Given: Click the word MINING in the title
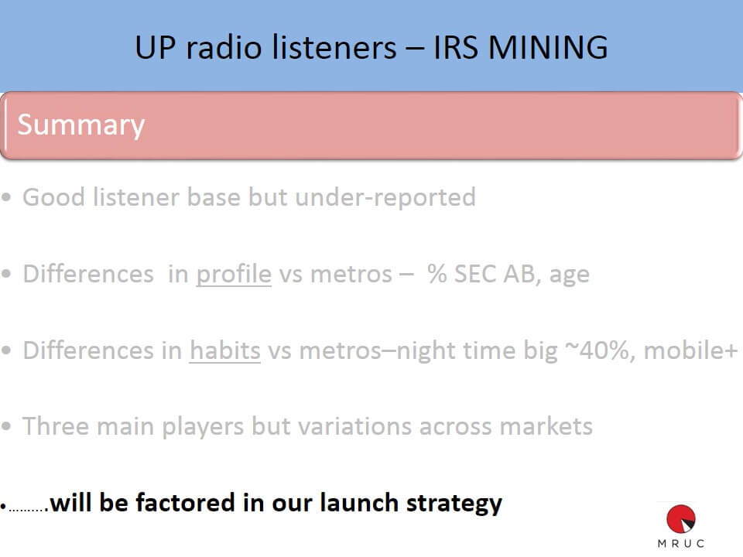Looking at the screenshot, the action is (x=547, y=47).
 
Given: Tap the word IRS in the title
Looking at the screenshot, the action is (x=455, y=47).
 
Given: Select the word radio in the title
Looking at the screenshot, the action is (x=224, y=47).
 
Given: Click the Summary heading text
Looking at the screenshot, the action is (x=81, y=125).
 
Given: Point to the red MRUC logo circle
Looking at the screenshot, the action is (x=681, y=519).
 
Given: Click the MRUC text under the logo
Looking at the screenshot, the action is (x=681, y=543).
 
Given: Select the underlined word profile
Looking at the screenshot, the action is (x=234, y=274).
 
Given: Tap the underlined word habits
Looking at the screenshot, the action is (x=225, y=350).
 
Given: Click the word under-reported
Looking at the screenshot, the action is (x=385, y=197).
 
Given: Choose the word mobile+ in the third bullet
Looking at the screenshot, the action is (x=690, y=350).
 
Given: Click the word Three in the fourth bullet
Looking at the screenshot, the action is (x=56, y=425).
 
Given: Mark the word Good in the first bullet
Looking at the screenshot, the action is (x=54, y=197).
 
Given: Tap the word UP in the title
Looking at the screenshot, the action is (x=155, y=47).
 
